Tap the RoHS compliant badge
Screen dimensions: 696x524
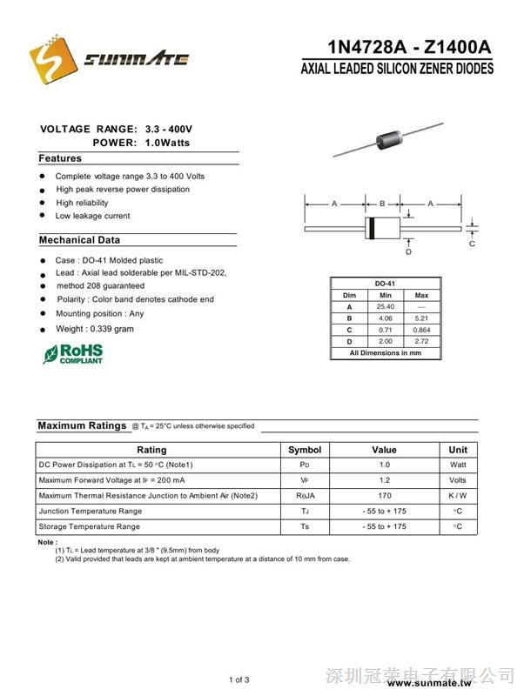tap(73, 353)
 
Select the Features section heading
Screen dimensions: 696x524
tap(60, 158)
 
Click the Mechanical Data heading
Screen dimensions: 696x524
tap(79, 240)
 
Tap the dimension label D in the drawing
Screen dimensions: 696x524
tap(408, 252)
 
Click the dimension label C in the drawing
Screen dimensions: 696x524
tap(472, 244)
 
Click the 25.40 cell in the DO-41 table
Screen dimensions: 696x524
tap(386, 307)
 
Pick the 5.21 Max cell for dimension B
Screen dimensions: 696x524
tap(421, 318)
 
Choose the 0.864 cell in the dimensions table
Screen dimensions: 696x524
tap(421, 330)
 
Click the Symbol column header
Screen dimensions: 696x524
tap(305, 450)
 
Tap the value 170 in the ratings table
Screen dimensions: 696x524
tap(384, 496)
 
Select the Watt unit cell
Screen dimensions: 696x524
tap(458, 465)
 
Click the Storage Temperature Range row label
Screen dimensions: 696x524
tap(90, 527)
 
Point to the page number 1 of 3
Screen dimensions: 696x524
tap(239, 679)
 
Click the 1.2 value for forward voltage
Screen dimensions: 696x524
tap(384, 480)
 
